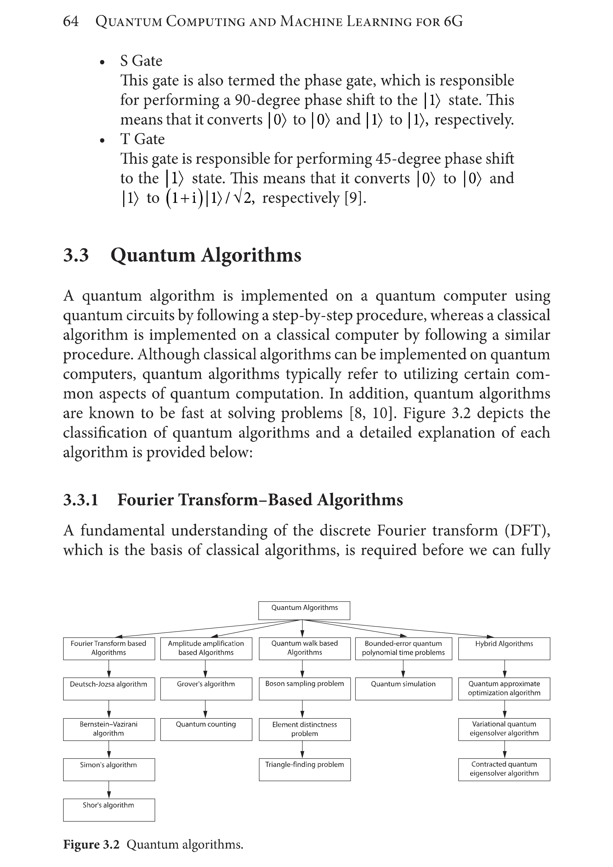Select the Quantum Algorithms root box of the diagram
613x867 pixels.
point(304,611)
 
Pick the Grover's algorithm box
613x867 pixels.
point(206,689)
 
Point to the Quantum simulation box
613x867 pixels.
point(403,689)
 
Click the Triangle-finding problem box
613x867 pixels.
point(305,769)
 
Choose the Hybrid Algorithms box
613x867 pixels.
point(504,649)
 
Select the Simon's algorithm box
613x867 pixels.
point(109,769)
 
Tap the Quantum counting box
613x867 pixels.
point(206,729)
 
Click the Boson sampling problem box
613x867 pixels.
point(305,689)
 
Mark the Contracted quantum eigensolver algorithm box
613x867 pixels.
point(504,769)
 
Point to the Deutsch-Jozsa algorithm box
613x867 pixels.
point(109,689)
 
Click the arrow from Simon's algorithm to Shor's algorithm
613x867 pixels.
point(109,789)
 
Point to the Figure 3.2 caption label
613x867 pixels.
point(91,844)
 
